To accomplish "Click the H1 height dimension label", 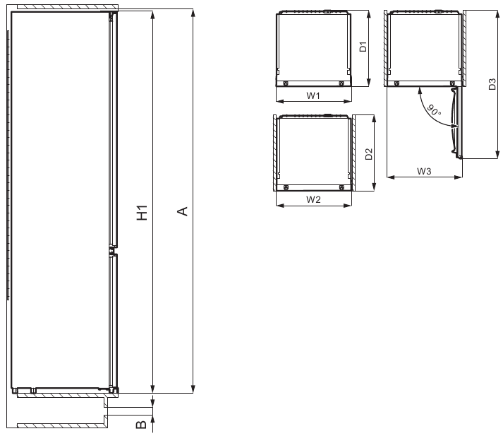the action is click(x=142, y=213).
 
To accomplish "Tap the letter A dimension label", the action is click(x=183, y=211).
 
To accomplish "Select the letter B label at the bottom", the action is click(x=141, y=425).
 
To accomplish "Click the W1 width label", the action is click(x=313, y=95).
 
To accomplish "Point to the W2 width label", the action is click(x=313, y=199).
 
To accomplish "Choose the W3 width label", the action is click(x=424, y=171).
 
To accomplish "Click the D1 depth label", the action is click(x=363, y=47).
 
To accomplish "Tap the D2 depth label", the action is click(x=369, y=154).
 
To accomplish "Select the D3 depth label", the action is click(x=492, y=84).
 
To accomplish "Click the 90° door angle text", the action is click(x=434, y=110).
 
